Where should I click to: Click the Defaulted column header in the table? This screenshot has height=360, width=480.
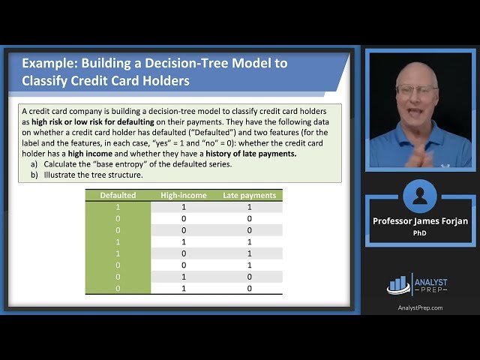tap(118, 195)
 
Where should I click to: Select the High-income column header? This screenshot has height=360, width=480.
tap(184, 195)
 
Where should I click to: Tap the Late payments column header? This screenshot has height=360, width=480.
tap(250, 195)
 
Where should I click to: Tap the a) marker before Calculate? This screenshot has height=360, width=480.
tap(34, 163)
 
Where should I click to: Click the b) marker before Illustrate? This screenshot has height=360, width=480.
tap(34, 175)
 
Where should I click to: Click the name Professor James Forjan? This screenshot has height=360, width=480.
tap(419, 221)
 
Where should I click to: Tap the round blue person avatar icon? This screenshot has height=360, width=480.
tap(419, 196)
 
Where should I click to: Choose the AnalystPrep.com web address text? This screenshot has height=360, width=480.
tap(419, 307)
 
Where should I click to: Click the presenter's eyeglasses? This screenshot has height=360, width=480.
tap(416, 90)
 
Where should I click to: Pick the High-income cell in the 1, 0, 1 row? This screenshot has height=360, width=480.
tap(184, 253)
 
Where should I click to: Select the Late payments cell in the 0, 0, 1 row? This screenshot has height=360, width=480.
tap(250, 265)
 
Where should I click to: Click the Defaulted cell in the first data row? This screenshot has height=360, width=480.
tap(118, 206)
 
